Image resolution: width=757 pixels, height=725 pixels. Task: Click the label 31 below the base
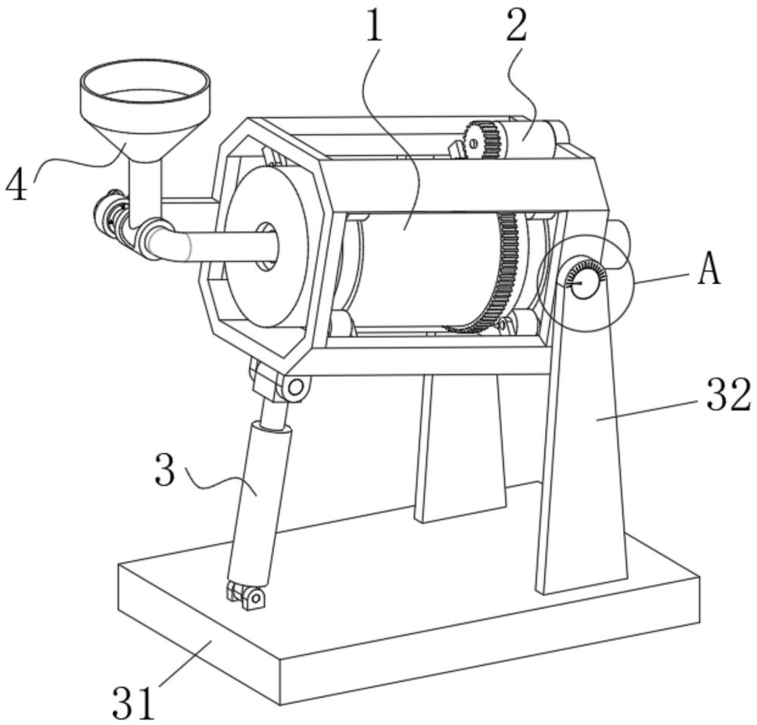click(134, 703)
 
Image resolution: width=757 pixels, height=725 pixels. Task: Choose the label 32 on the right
click(729, 394)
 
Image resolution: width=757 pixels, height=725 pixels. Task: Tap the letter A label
click(709, 269)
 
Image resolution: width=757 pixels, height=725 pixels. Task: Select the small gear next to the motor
click(481, 141)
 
